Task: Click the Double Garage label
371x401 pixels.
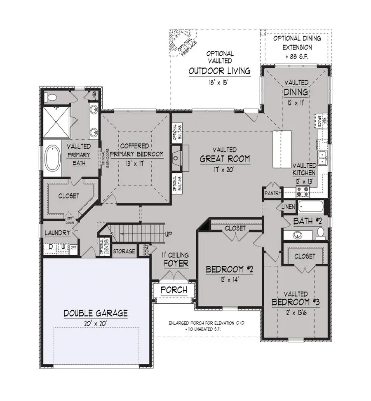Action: pos(96,313)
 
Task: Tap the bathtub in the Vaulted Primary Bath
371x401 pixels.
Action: pos(53,158)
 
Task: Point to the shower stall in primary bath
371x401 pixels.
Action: pos(58,122)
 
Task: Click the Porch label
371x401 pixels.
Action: pos(173,290)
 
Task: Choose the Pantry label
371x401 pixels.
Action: pos(273,193)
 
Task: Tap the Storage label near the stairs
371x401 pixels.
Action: pos(124,251)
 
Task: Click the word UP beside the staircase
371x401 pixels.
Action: pos(168,234)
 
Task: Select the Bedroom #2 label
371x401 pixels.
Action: pos(229,270)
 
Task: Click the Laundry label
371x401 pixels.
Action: pos(57,233)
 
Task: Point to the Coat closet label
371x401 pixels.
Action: pos(146,250)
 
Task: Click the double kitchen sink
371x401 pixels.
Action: pos(323,155)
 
